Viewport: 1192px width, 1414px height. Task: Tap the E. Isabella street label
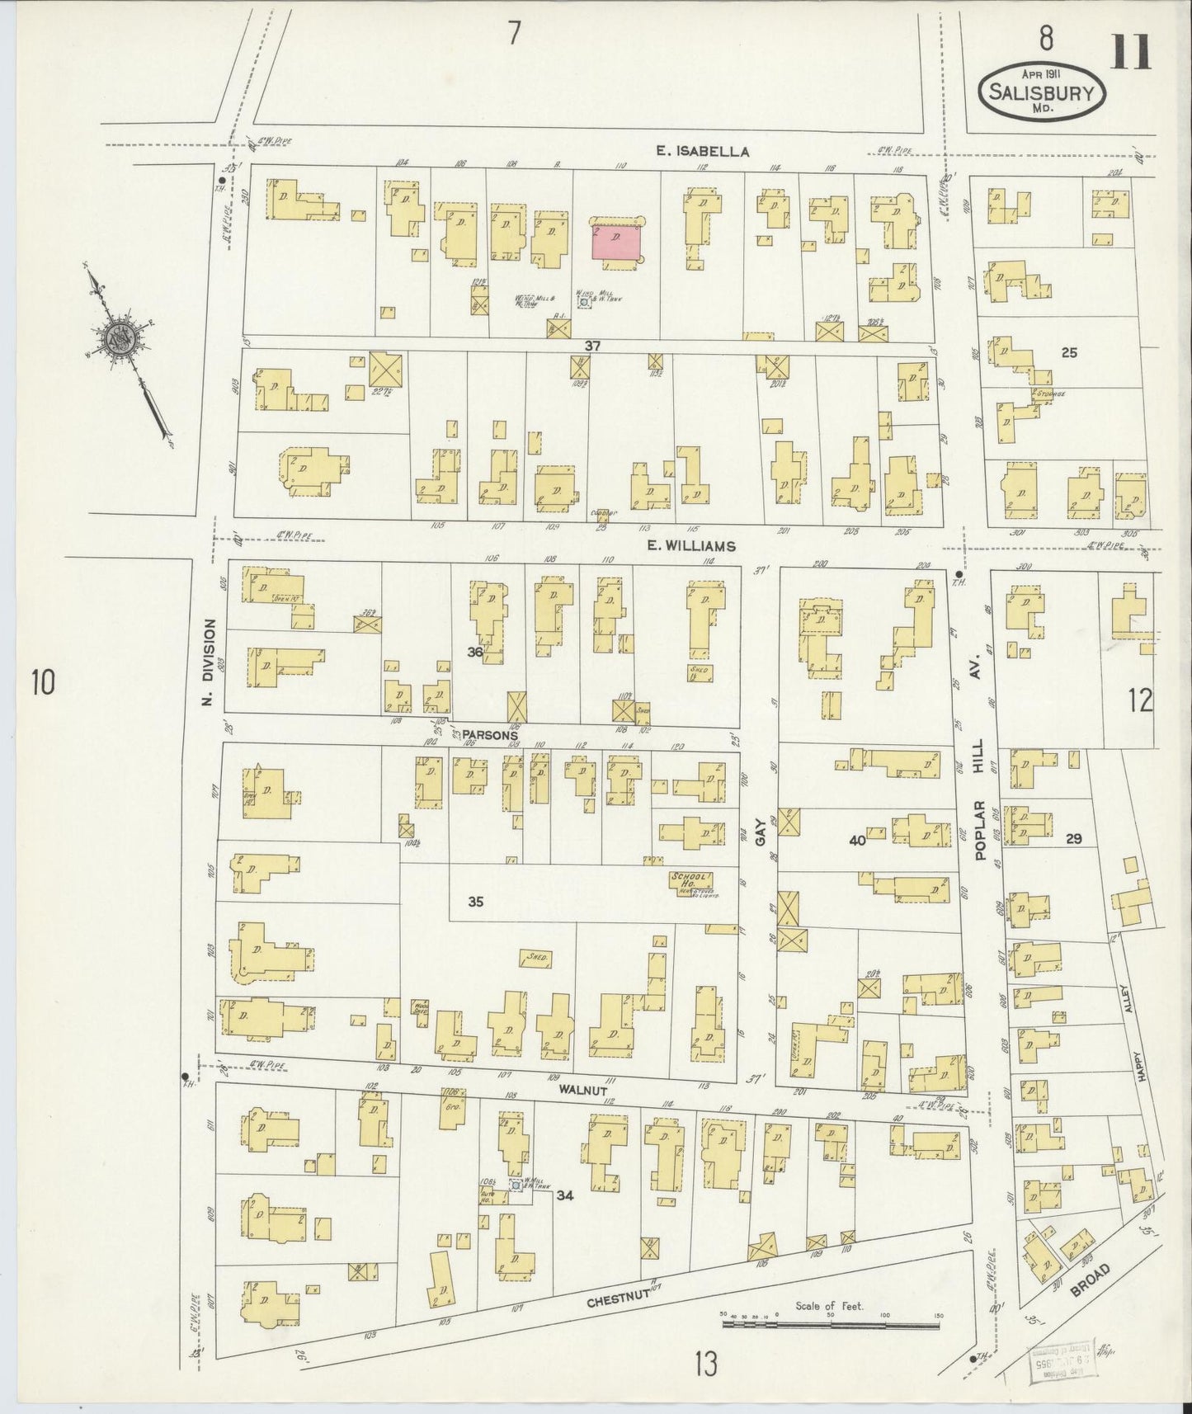pyautogui.click(x=703, y=151)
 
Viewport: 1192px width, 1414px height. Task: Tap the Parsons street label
pyautogui.click(x=489, y=734)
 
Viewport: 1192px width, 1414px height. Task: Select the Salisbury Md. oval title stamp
pyautogui.click(x=1042, y=92)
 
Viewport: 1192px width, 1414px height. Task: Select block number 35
pyautogui.click(x=475, y=902)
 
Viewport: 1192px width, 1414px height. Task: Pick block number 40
pyautogui.click(x=857, y=841)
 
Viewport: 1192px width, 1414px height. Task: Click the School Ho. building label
pyautogui.click(x=690, y=881)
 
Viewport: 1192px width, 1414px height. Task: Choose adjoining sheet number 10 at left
pyautogui.click(x=43, y=683)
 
